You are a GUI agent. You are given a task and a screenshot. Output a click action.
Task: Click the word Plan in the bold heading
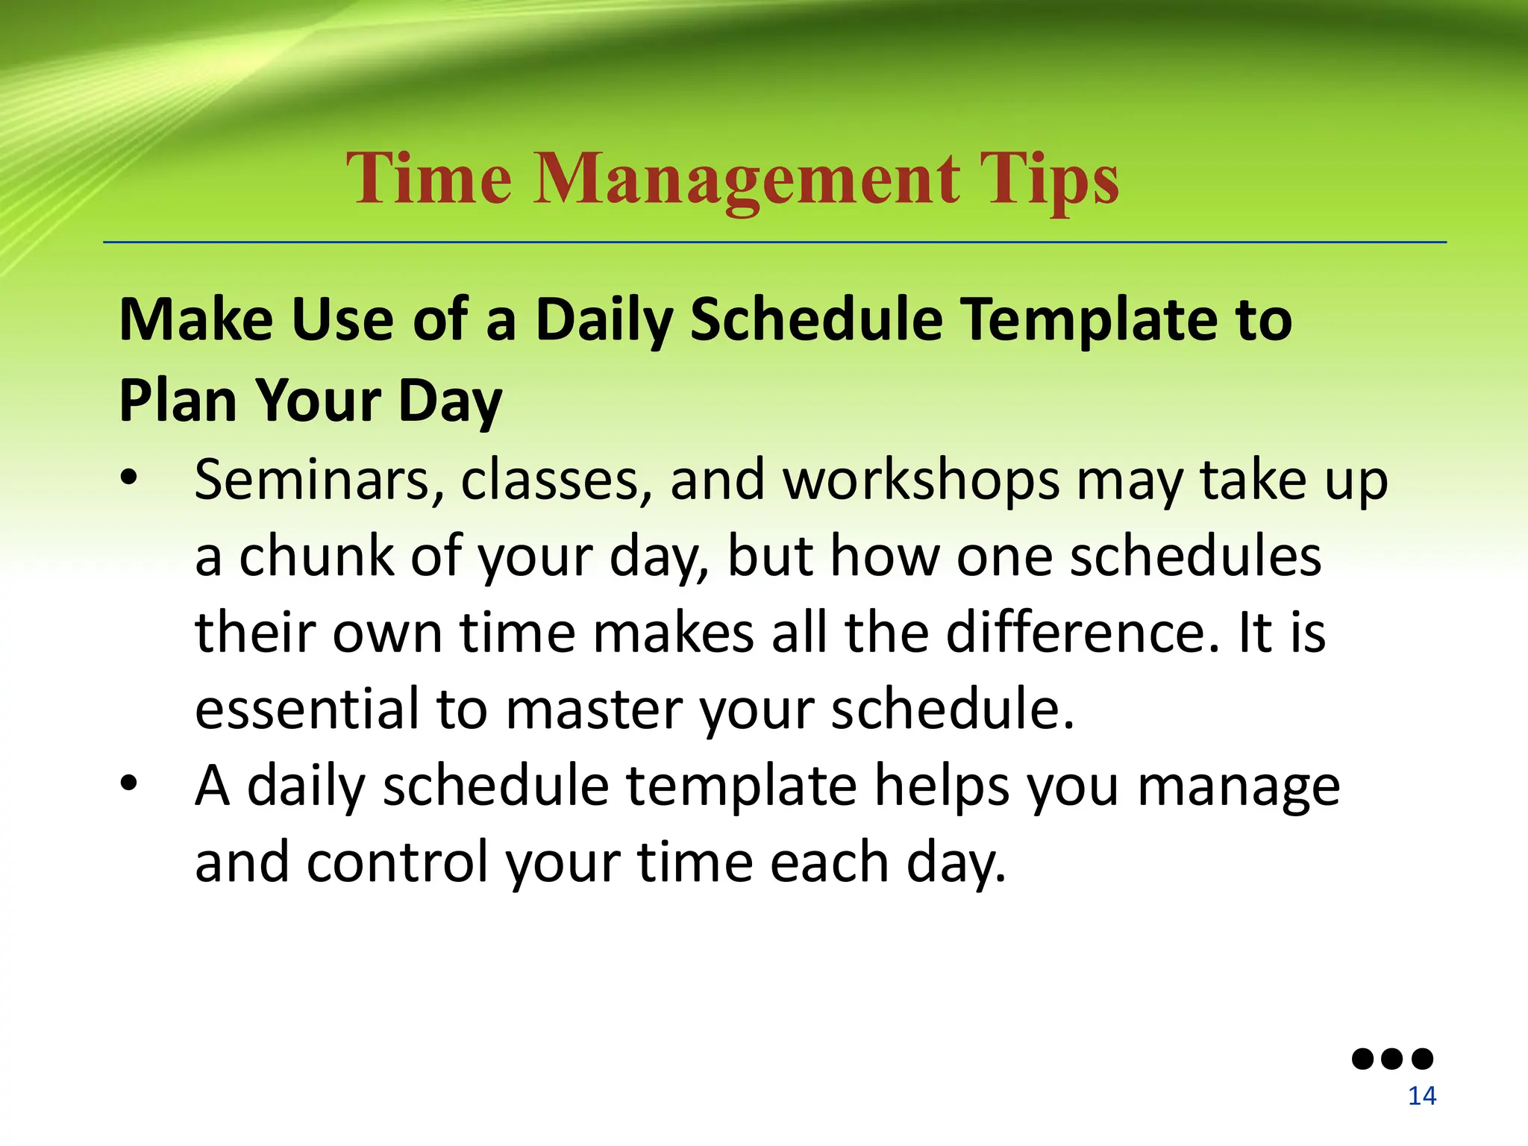pyautogui.click(x=178, y=401)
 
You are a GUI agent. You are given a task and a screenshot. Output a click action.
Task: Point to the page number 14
pyautogui.click(x=1421, y=1096)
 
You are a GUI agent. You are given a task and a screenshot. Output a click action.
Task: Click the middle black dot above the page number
pyautogui.click(x=1392, y=1058)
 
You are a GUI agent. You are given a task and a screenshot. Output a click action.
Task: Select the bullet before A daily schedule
pyautogui.click(x=129, y=784)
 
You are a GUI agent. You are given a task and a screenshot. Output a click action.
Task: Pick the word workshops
pyautogui.click(x=921, y=479)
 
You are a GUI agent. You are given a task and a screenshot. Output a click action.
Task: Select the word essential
pyautogui.click(x=307, y=708)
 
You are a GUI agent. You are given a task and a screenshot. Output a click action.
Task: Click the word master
pyautogui.click(x=594, y=708)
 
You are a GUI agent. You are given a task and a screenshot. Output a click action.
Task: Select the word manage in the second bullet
pyautogui.click(x=1239, y=786)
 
